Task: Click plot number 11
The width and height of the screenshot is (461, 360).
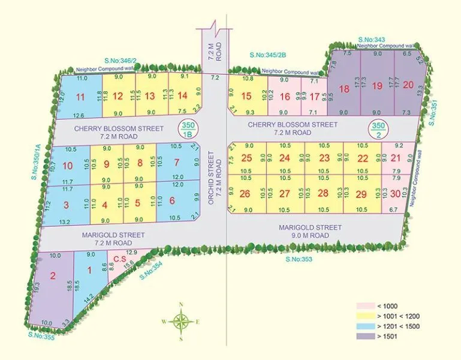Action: [82, 97]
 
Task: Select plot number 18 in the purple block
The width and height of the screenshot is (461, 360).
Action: [344, 89]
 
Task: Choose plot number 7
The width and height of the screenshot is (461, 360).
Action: [176, 162]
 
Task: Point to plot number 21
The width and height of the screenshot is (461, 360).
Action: [394, 158]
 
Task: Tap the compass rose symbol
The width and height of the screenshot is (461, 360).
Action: [180, 322]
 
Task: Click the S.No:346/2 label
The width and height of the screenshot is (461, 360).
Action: [120, 61]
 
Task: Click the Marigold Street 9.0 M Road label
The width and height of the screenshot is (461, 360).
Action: [310, 232]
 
